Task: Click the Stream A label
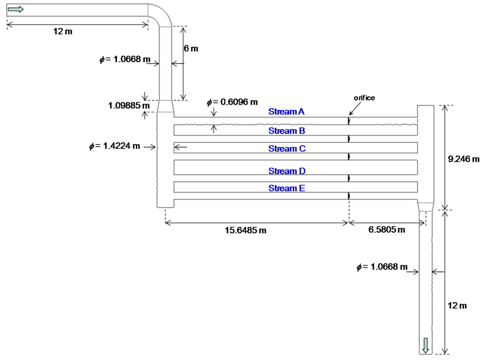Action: (286, 112)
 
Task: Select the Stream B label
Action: (286, 131)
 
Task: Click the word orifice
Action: (364, 97)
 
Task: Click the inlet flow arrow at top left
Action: (16, 9)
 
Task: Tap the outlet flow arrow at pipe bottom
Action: (426, 345)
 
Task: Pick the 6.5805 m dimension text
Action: (387, 230)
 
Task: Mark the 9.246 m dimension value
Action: (464, 159)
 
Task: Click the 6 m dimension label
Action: (191, 48)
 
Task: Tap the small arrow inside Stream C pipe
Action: (181, 148)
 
